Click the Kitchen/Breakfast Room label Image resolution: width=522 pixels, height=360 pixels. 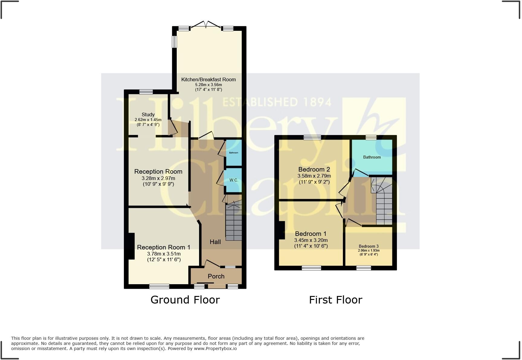point(208,79)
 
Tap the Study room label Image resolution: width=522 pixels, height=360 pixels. point(148,114)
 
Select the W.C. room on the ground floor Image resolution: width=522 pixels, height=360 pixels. point(234,180)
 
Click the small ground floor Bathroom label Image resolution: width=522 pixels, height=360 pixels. point(234,153)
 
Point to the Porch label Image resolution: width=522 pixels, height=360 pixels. point(216,276)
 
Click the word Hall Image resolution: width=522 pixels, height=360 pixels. point(215,242)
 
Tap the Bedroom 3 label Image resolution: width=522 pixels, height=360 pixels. point(369,246)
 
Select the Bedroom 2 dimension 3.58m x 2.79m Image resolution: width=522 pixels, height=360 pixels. point(314,176)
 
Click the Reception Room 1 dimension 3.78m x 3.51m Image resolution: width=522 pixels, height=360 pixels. point(164,254)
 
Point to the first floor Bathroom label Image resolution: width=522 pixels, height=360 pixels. point(372,157)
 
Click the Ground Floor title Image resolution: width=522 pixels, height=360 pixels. point(185,300)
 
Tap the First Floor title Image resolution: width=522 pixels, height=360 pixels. point(335,300)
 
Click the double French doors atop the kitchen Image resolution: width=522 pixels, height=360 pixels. point(206,25)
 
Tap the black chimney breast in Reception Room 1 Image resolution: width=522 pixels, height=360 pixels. point(131,246)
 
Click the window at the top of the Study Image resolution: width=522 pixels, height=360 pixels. point(146,92)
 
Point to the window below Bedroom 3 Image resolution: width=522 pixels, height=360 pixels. point(363,268)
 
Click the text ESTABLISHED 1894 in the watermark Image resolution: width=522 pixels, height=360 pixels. point(277,102)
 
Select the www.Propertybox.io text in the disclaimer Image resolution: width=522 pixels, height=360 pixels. point(215,349)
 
